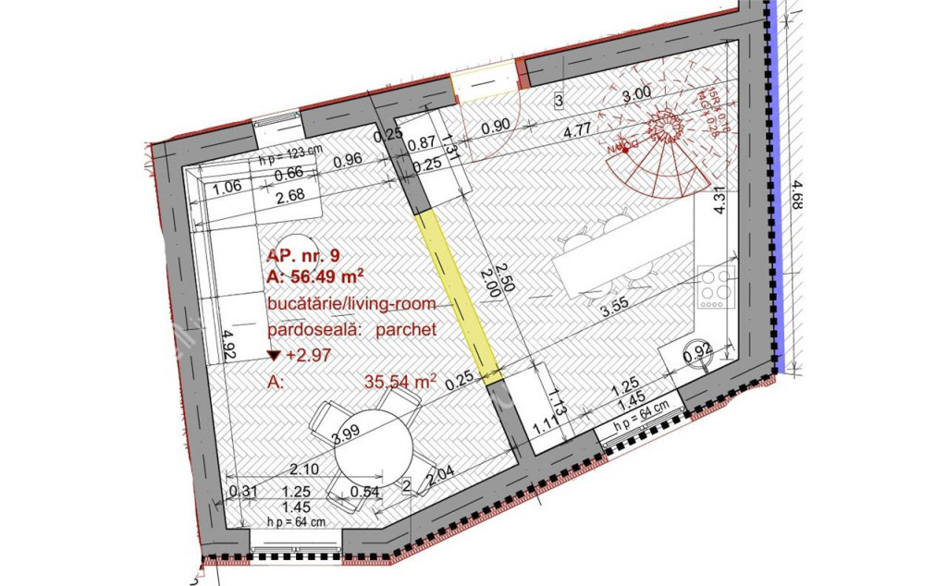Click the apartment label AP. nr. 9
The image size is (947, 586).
(x=301, y=255)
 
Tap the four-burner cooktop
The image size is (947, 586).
(x=717, y=287)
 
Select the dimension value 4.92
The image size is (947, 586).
(x=226, y=346)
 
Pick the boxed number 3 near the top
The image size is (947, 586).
(x=559, y=99)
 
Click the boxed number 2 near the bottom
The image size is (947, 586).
(x=407, y=483)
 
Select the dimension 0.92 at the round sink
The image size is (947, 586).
(x=697, y=350)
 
